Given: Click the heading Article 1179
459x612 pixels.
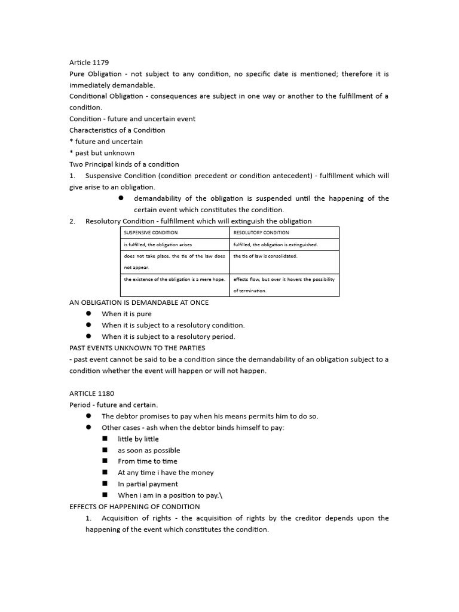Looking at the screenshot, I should pos(89,62).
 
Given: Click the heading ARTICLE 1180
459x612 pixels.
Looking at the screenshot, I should pos(91,393).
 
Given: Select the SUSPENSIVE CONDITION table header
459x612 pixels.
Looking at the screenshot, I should pos(151,232).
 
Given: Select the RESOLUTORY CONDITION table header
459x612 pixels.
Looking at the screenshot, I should pos(261,232).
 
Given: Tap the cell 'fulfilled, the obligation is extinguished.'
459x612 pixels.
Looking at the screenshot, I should pos(276,244).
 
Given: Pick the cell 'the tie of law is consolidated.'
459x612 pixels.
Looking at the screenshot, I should pos(265,256).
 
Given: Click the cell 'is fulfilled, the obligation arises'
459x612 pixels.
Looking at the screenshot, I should pos(158,244).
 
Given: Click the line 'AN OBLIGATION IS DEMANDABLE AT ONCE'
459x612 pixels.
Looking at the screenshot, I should pos(139,302).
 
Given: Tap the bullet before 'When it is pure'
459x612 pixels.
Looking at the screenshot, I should pos(88,314).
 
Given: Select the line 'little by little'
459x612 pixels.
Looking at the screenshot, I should pos(138,439).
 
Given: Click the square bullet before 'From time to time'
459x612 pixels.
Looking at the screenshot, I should pos(105,461).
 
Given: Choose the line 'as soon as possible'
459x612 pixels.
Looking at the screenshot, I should pos(149,450).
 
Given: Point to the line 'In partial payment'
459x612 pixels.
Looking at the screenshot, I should pos(148,484).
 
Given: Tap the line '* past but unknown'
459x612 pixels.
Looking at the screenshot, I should pos(102,153).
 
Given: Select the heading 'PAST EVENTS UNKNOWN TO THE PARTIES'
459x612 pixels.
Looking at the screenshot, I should pos(137,348).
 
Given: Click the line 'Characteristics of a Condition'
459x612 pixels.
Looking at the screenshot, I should pos(117,130).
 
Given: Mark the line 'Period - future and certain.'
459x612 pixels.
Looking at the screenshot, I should pos(114,405).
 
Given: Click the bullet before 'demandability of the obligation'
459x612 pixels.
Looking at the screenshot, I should pos(120,198).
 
